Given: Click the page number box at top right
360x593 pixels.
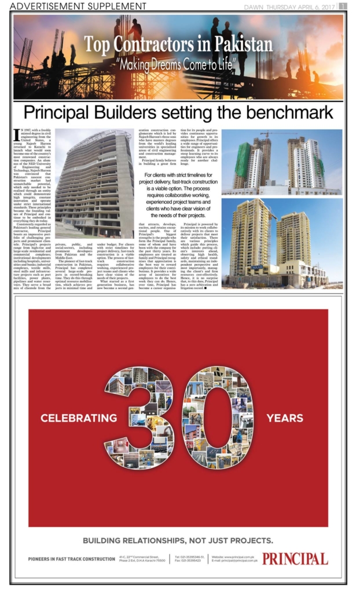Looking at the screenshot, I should pyautogui.click(x=343, y=6).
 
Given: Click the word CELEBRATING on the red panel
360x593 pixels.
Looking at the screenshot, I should pyautogui.click(x=79, y=418).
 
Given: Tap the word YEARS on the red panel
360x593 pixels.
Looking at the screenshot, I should pyautogui.click(x=284, y=418).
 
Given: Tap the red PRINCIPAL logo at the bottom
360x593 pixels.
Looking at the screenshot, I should pyautogui.click(x=295, y=559).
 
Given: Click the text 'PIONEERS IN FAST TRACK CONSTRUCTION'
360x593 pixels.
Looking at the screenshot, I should pyautogui.click(x=71, y=559).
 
